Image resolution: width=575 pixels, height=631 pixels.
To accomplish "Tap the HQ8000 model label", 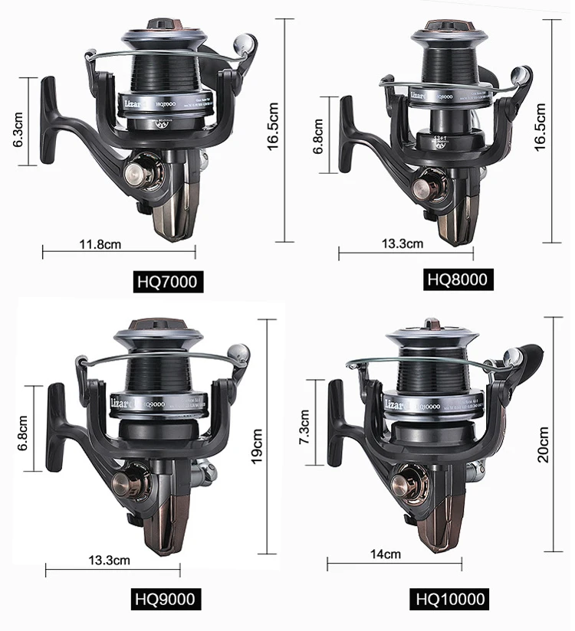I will click(457, 279).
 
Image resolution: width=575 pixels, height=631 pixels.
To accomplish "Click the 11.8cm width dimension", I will click(100, 244).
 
